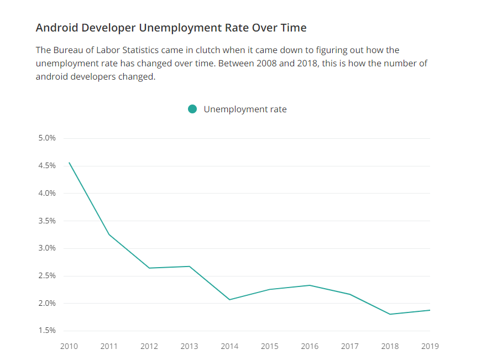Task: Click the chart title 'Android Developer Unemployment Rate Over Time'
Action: (171, 28)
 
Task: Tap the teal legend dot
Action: (192, 109)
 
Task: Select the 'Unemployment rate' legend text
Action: (245, 109)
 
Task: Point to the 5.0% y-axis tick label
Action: (47, 138)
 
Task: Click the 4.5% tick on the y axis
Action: (47, 166)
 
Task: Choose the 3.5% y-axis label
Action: (47, 221)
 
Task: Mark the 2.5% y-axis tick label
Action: (47, 276)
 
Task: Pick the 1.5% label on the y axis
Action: (47, 331)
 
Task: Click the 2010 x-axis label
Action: (69, 347)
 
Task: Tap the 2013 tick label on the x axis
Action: (189, 347)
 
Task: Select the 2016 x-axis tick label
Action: (310, 347)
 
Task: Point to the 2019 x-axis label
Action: (430, 347)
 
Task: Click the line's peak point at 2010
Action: (69, 163)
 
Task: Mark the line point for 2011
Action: (109, 234)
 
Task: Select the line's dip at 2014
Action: (229, 300)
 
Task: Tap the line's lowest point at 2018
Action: (390, 314)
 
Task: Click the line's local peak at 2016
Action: (310, 285)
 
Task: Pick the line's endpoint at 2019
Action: (430, 310)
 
